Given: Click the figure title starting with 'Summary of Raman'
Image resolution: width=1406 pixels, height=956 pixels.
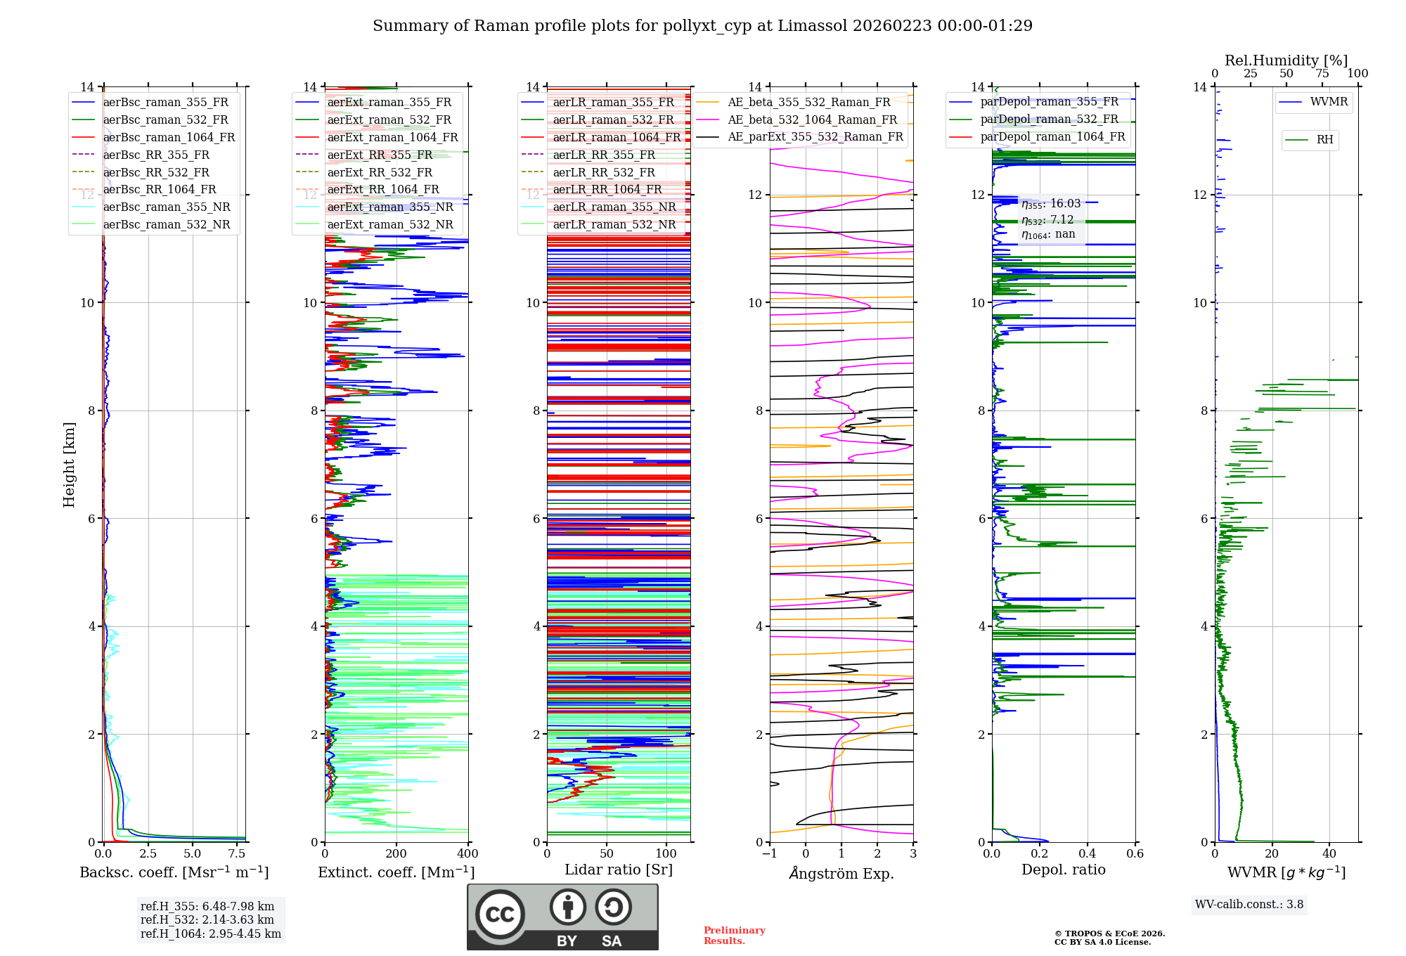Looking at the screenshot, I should click(x=702, y=26).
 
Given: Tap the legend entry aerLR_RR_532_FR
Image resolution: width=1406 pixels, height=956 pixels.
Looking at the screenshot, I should click(x=603, y=172).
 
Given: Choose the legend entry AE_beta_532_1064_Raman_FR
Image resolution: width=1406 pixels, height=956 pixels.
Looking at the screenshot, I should click(x=812, y=119).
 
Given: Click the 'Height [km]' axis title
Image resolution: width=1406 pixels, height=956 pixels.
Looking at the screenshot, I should click(x=69, y=464).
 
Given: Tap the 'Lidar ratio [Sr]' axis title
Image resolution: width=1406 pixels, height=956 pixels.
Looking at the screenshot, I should click(x=619, y=870).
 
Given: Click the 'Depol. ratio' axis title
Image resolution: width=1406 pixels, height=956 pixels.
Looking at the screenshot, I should click(x=1063, y=870).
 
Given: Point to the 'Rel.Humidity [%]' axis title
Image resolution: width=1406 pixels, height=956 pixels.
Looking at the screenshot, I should click(x=1286, y=60).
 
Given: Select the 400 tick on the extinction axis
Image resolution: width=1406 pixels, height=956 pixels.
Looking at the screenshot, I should click(x=467, y=853).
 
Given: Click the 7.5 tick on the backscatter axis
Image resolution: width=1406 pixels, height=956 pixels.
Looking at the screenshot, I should click(x=237, y=853).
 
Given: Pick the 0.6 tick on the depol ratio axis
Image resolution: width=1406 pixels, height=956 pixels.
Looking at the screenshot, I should click(x=1135, y=853).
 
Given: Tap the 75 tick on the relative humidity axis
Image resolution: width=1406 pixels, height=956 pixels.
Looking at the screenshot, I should click(x=1322, y=73).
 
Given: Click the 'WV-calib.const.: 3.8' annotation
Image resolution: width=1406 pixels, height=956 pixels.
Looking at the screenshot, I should click(x=1249, y=904).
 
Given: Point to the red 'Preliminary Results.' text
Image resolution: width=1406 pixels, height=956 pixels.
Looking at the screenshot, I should click(x=734, y=936).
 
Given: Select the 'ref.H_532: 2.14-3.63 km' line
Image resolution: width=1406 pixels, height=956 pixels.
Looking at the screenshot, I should click(x=207, y=919).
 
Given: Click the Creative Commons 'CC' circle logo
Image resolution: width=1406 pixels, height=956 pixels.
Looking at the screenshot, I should click(x=500, y=914).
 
